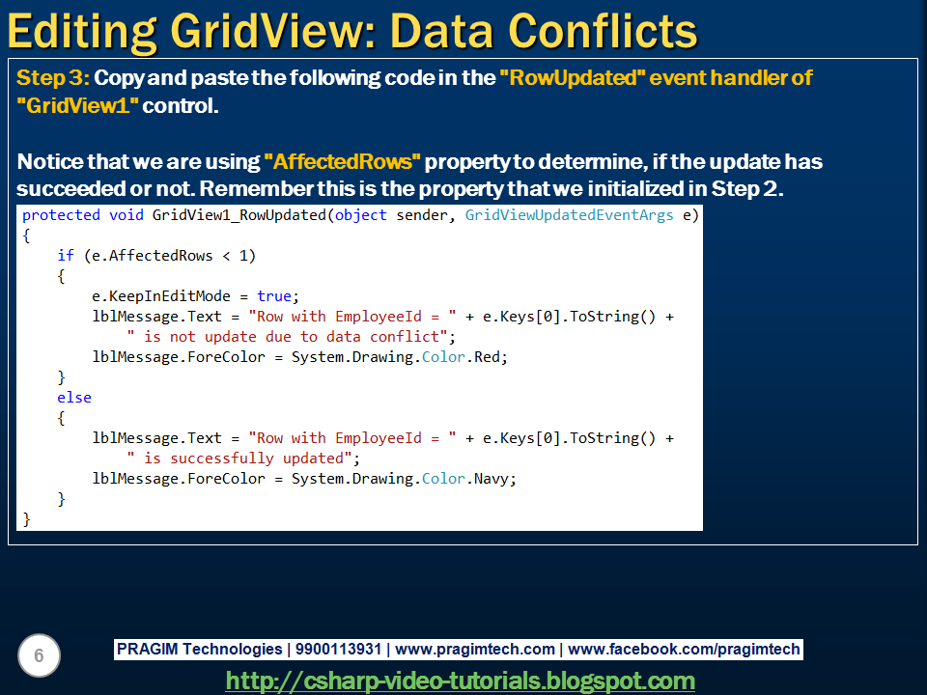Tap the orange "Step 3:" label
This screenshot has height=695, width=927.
click(53, 78)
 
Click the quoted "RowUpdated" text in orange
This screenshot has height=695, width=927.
click(572, 78)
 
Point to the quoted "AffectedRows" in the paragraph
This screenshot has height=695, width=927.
click(343, 161)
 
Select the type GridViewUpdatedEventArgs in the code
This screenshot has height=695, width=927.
click(569, 215)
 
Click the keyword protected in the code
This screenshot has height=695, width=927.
click(60, 215)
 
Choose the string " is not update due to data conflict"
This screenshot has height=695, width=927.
click(291, 337)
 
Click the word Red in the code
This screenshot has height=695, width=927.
click(490, 357)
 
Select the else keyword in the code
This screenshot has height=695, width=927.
click(74, 398)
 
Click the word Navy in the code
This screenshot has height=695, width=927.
click(493, 479)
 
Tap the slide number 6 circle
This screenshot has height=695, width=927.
click(39, 656)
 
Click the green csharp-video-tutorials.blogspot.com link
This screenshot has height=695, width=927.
click(460, 681)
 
